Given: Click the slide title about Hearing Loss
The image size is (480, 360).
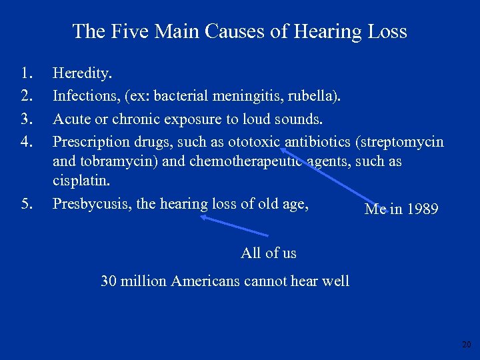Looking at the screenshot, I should [x=239, y=31].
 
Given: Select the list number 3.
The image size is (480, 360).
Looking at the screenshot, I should [x=26, y=119].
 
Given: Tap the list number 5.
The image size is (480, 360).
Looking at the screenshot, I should [x=26, y=203].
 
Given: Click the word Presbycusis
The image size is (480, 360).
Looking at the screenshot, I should [x=91, y=203].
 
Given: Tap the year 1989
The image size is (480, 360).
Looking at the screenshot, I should [x=421, y=209].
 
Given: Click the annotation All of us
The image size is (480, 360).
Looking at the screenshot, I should [x=268, y=253].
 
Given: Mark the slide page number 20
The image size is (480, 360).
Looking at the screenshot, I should [x=465, y=345].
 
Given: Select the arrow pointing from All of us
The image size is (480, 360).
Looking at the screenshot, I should [x=235, y=225].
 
